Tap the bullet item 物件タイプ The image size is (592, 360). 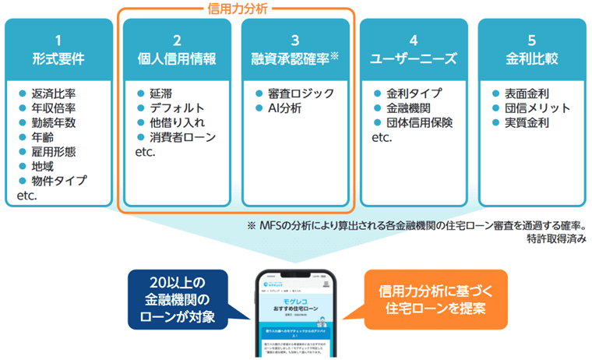click(x=59, y=181)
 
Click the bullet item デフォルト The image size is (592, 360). click(x=177, y=108)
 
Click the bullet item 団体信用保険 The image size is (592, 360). click(x=425, y=122)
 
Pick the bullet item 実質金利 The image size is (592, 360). click(x=532, y=122)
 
